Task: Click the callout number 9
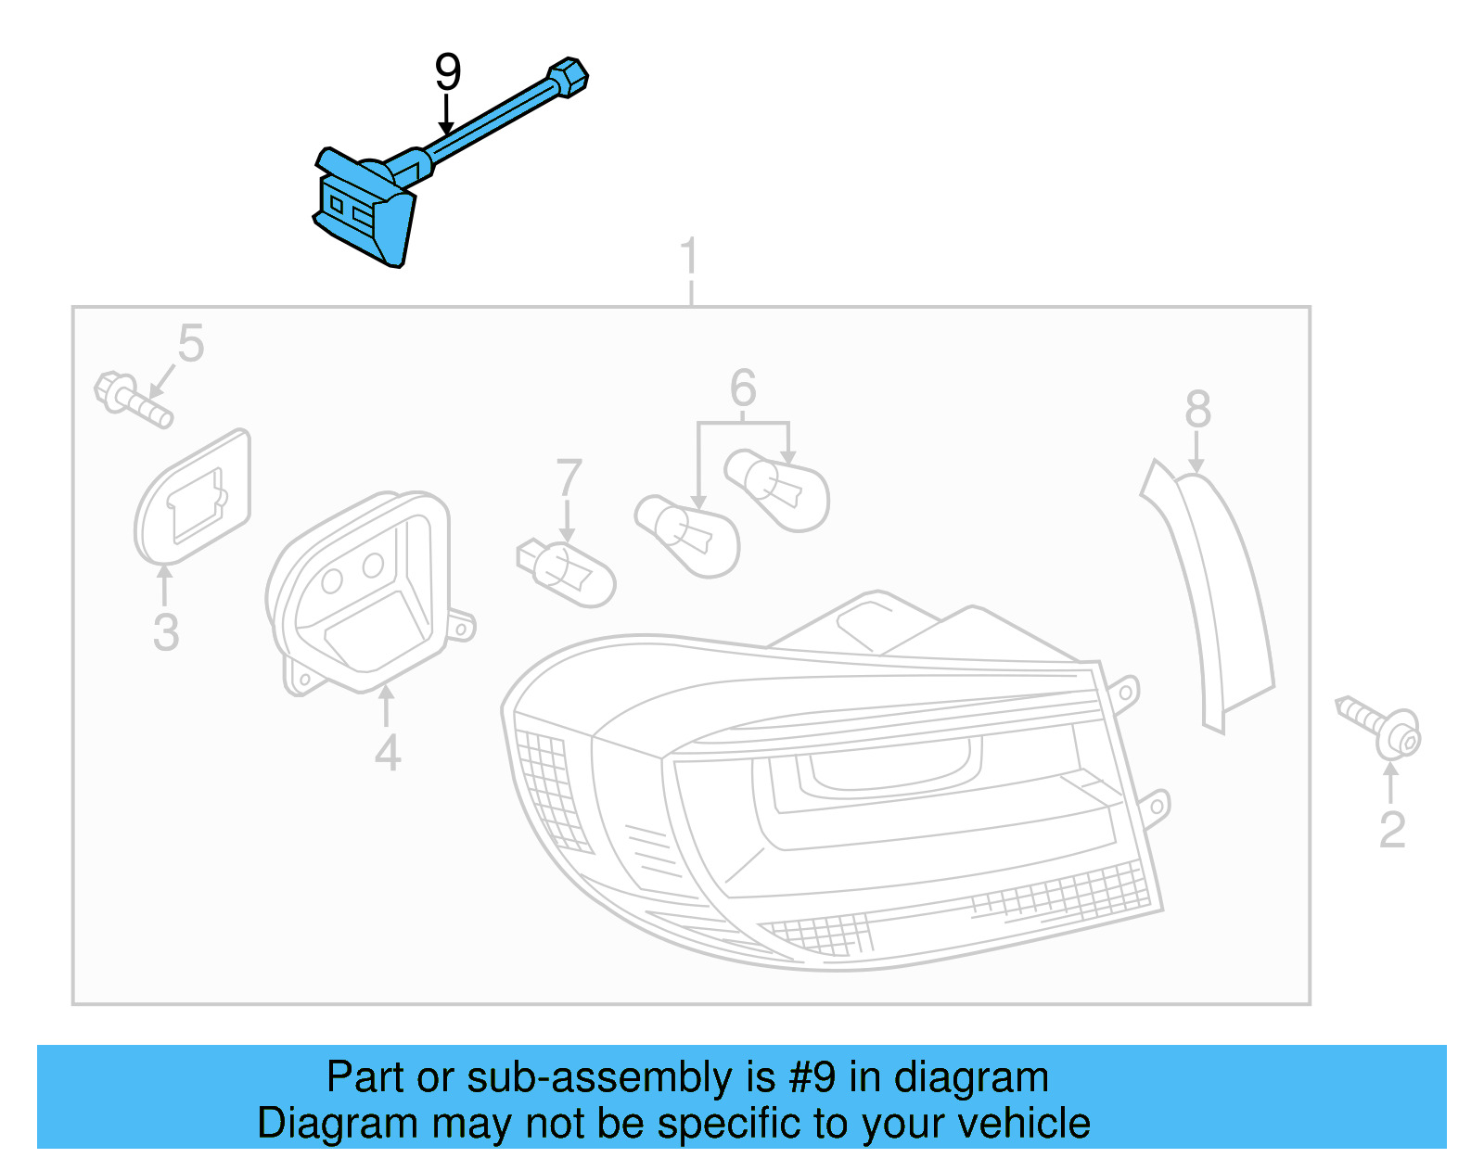click(448, 72)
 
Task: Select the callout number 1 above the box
click(688, 257)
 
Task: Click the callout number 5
click(191, 344)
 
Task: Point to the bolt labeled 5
click(134, 400)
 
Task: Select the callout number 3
click(166, 632)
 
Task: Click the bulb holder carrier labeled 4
click(362, 593)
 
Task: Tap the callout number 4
click(388, 753)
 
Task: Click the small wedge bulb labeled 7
click(567, 571)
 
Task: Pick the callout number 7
click(569, 478)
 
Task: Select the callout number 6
click(743, 388)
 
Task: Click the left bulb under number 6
click(688, 536)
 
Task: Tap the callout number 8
click(1197, 409)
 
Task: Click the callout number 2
click(1392, 830)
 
